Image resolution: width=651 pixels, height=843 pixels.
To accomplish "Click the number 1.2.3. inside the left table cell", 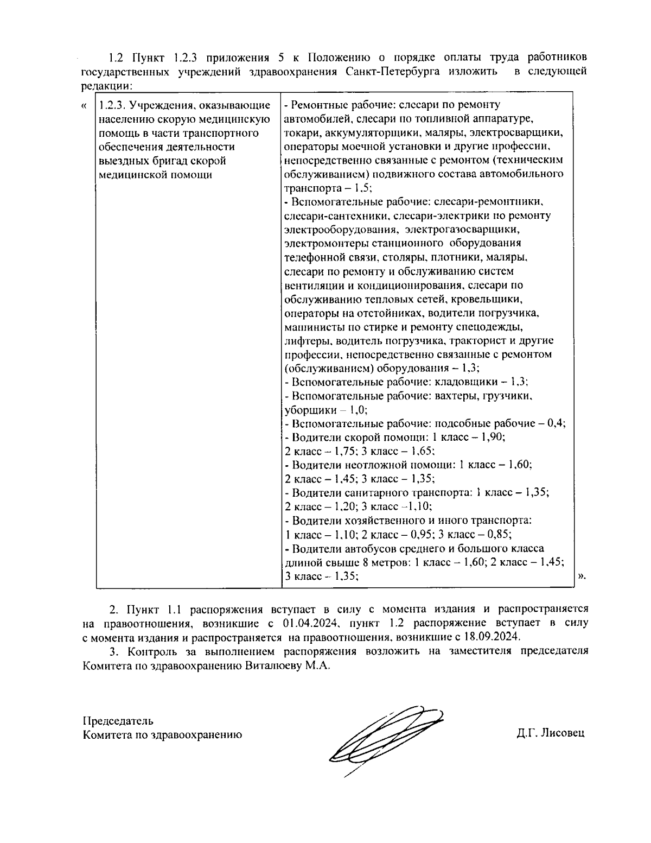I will pos(113,105).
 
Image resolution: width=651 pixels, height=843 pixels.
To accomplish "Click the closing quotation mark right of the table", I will pos(582,576).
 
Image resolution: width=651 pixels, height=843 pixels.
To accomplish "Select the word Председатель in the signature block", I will pos(118,721).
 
